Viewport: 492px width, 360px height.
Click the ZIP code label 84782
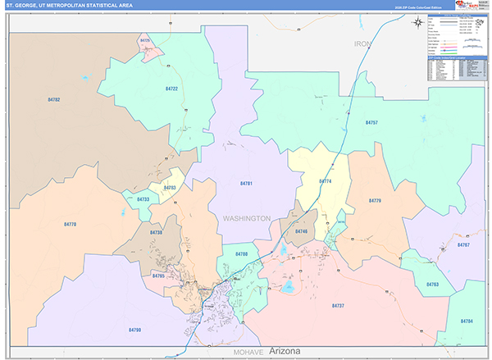(54, 99)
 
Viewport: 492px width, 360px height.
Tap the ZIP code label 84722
(171, 88)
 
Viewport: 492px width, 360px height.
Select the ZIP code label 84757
(371, 122)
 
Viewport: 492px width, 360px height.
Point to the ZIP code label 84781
(245, 183)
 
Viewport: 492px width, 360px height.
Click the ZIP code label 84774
(325, 180)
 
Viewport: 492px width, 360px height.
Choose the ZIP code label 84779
(375, 200)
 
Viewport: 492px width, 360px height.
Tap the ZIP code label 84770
(70, 224)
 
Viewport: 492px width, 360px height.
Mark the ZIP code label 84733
(143, 199)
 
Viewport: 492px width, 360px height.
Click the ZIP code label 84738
(157, 233)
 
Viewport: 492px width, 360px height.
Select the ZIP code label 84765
(158, 276)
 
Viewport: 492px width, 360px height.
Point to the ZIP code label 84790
(134, 329)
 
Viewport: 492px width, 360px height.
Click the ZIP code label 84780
(241, 254)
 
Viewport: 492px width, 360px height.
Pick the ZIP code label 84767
(463, 245)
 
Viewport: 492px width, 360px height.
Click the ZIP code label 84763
(432, 284)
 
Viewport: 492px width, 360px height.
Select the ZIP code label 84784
(467, 320)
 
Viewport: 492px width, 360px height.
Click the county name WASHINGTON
(246, 218)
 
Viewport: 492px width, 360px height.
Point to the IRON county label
(362, 43)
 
